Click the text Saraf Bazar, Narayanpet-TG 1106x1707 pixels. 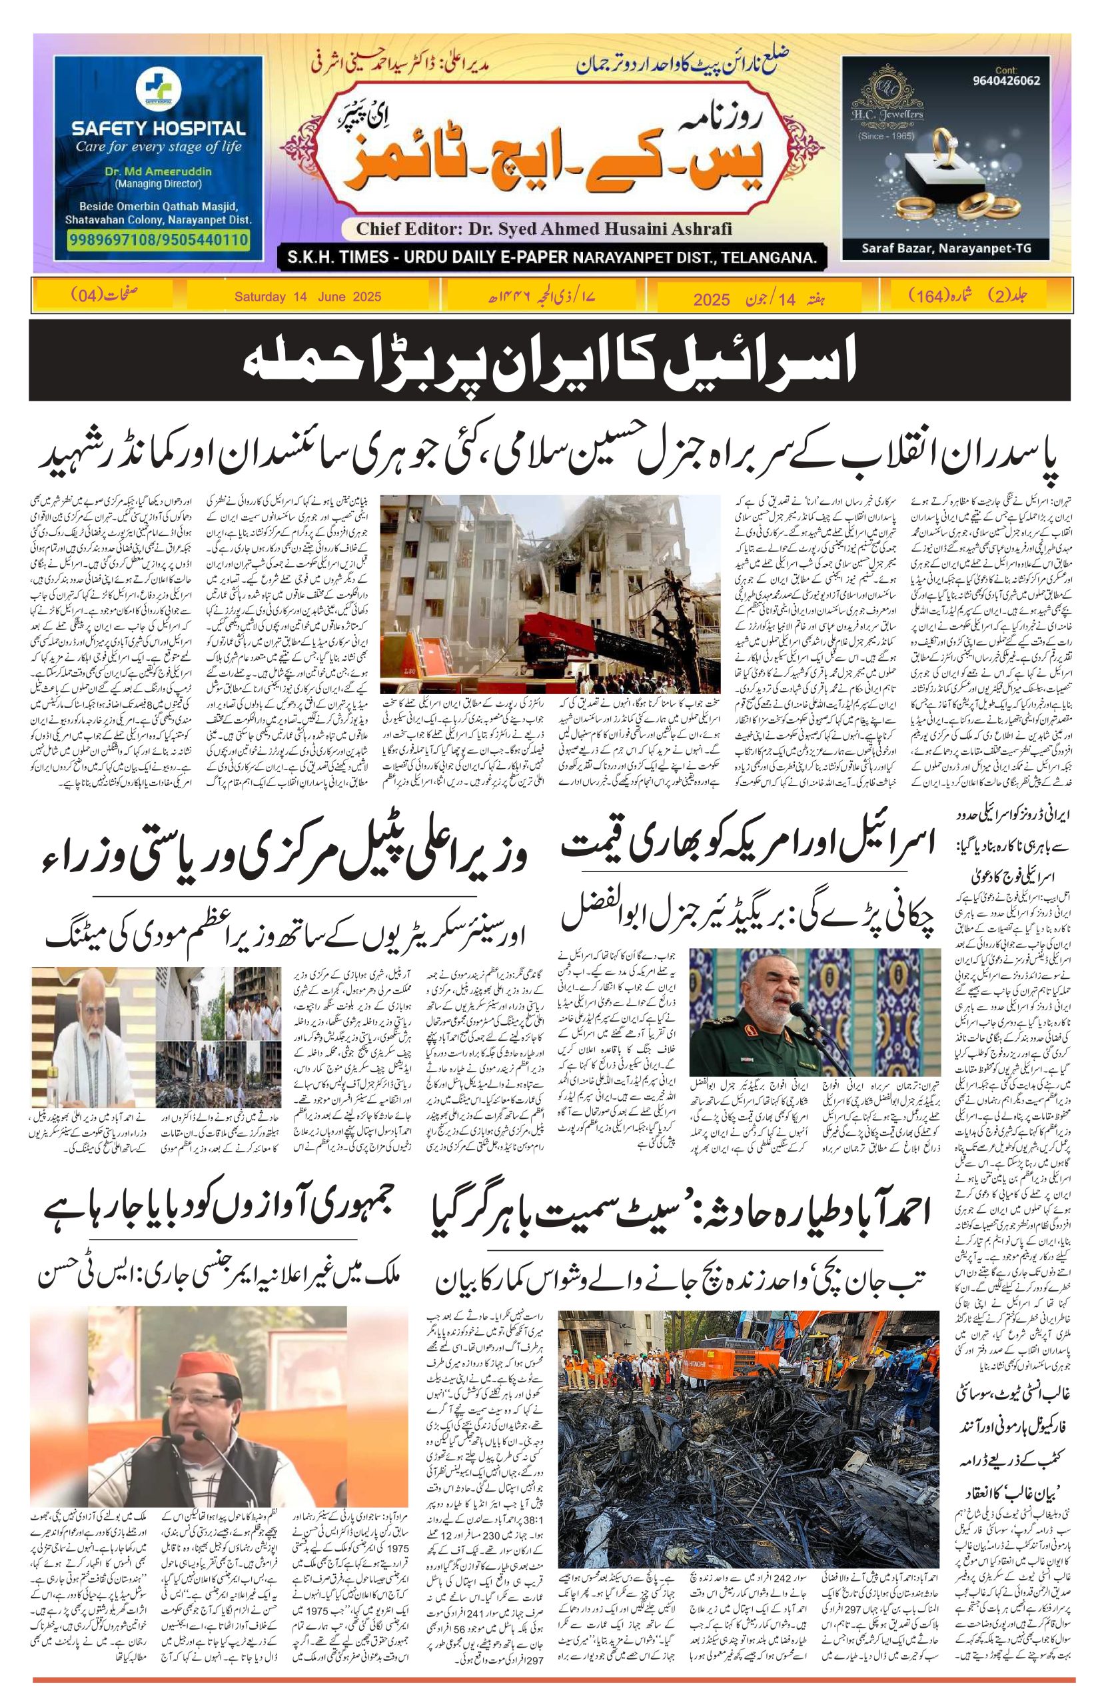click(946, 249)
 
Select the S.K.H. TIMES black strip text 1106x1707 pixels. click(549, 257)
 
